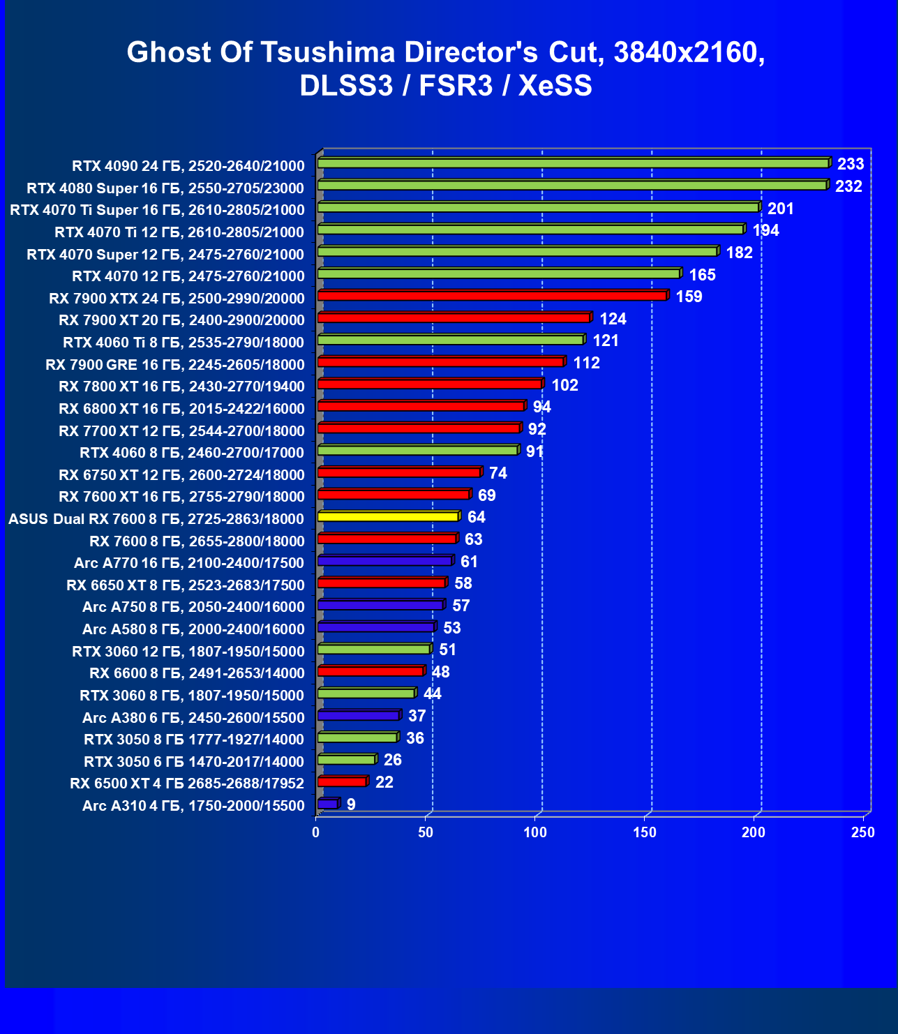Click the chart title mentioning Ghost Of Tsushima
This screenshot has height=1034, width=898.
point(447,68)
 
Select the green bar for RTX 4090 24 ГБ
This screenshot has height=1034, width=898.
point(572,163)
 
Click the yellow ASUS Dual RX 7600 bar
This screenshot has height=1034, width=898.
point(387,517)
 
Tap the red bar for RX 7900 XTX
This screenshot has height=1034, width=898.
point(492,296)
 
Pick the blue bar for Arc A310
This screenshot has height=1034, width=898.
point(327,804)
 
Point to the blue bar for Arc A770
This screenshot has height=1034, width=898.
point(384,561)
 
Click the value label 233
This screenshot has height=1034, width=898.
point(851,164)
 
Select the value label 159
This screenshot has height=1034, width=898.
point(689,297)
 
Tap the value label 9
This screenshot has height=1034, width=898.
point(351,804)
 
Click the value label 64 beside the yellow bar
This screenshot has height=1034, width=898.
point(477,517)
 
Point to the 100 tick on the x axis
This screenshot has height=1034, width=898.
point(535,832)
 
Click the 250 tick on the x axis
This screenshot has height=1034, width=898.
point(863,832)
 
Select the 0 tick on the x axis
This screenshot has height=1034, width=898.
point(316,832)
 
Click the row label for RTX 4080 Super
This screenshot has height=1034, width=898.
point(165,188)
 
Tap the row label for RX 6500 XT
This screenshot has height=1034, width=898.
point(187,784)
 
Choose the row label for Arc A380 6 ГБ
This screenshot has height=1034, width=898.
point(193,717)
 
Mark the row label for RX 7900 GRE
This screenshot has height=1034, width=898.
point(175,364)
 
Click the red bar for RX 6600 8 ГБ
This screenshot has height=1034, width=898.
point(370,671)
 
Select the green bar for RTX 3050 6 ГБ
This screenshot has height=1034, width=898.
point(346,760)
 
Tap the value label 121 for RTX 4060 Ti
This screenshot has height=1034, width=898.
point(606,340)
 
